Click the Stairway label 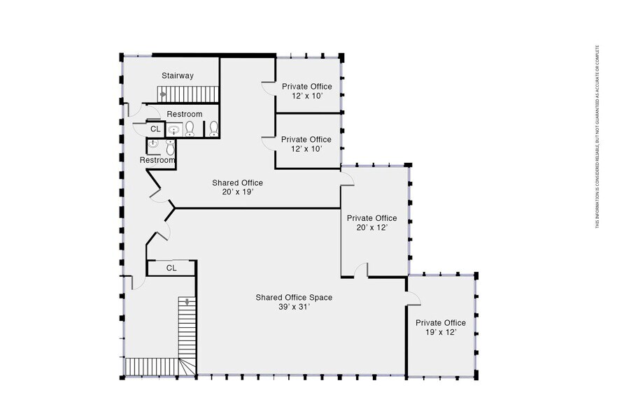click(178, 75)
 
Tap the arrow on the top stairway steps click(163, 94)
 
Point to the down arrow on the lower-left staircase click(187, 302)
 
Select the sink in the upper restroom click(174, 129)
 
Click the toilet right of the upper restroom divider click(213, 128)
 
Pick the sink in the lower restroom click(153, 143)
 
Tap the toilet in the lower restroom click(170, 147)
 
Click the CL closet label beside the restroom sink click(155, 129)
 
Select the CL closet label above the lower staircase click(171, 268)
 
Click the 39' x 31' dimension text click(294, 307)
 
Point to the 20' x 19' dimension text click(237, 192)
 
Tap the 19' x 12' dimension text click(441, 332)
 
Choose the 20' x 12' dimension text click(372, 228)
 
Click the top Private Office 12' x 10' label click(307, 92)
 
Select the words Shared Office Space click(294, 298)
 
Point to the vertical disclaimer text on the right click(597, 137)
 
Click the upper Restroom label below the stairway click(185, 115)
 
